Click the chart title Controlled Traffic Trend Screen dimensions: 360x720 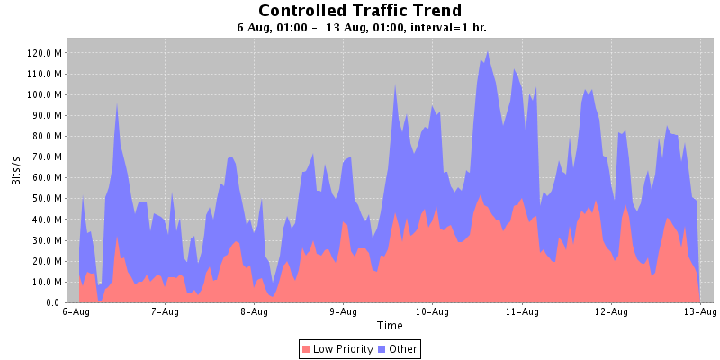coord(360,11)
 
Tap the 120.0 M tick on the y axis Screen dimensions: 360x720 coord(43,52)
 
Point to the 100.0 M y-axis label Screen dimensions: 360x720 coord(43,94)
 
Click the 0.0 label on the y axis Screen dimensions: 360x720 coord(53,303)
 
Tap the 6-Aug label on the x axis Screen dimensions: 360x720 coord(76,313)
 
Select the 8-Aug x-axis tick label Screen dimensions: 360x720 coord(254,313)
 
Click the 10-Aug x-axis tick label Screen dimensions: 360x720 coord(432,313)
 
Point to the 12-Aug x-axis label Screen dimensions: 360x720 coord(611,313)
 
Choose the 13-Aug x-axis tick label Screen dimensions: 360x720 coord(700,313)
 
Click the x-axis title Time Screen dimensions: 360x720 coord(390,326)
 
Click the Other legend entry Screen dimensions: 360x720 coord(404,348)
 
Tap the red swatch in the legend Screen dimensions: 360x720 coord(307,348)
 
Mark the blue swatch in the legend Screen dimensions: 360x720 coord(383,348)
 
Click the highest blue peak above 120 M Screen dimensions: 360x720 coord(488,52)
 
